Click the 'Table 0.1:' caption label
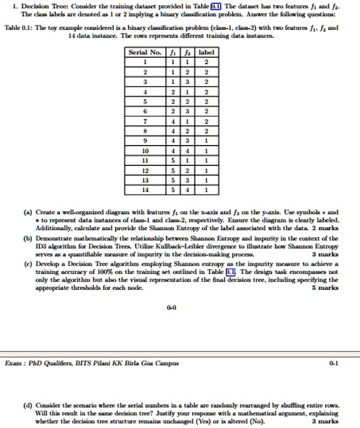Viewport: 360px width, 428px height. coord(18,28)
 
